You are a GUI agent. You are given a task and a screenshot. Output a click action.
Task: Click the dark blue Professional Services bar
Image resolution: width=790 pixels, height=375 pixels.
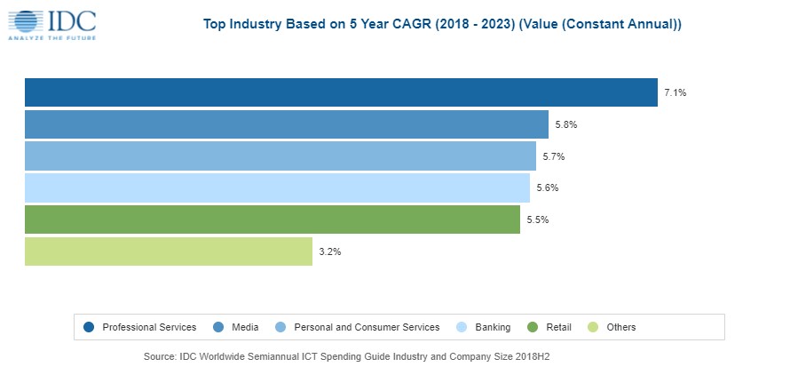click(341, 92)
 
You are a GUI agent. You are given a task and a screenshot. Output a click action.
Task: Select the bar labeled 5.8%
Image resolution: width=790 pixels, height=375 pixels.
click(286, 124)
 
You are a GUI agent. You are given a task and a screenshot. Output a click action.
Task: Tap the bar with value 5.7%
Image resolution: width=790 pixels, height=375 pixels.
click(280, 156)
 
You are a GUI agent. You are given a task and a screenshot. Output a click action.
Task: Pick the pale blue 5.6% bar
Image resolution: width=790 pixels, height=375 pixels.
click(277, 187)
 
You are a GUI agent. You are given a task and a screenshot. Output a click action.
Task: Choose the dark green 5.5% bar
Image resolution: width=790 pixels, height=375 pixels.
click(272, 219)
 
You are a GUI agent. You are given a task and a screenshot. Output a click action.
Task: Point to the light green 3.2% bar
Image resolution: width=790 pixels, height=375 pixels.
click(169, 251)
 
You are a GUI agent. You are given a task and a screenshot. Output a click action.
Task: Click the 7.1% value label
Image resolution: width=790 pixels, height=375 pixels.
click(675, 92)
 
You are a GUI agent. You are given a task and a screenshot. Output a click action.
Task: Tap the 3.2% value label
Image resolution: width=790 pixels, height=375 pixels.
click(330, 251)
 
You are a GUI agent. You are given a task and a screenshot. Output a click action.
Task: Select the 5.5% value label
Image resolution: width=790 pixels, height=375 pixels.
click(538, 219)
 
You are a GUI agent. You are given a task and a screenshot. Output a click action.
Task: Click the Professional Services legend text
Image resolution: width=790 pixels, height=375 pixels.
click(149, 327)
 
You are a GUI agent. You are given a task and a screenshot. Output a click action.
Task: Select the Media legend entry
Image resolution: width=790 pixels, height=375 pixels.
click(245, 327)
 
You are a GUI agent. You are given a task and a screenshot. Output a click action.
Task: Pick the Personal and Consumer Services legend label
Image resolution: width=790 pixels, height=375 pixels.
click(367, 327)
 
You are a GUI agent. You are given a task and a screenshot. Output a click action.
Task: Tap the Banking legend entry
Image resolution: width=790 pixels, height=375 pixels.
click(494, 327)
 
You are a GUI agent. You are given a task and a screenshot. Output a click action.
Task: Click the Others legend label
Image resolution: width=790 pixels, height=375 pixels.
click(621, 327)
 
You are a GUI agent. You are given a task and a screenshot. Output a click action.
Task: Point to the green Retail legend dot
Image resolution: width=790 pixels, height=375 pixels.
click(533, 327)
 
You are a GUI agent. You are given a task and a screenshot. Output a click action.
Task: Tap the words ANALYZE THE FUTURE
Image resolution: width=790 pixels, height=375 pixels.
click(51, 38)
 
